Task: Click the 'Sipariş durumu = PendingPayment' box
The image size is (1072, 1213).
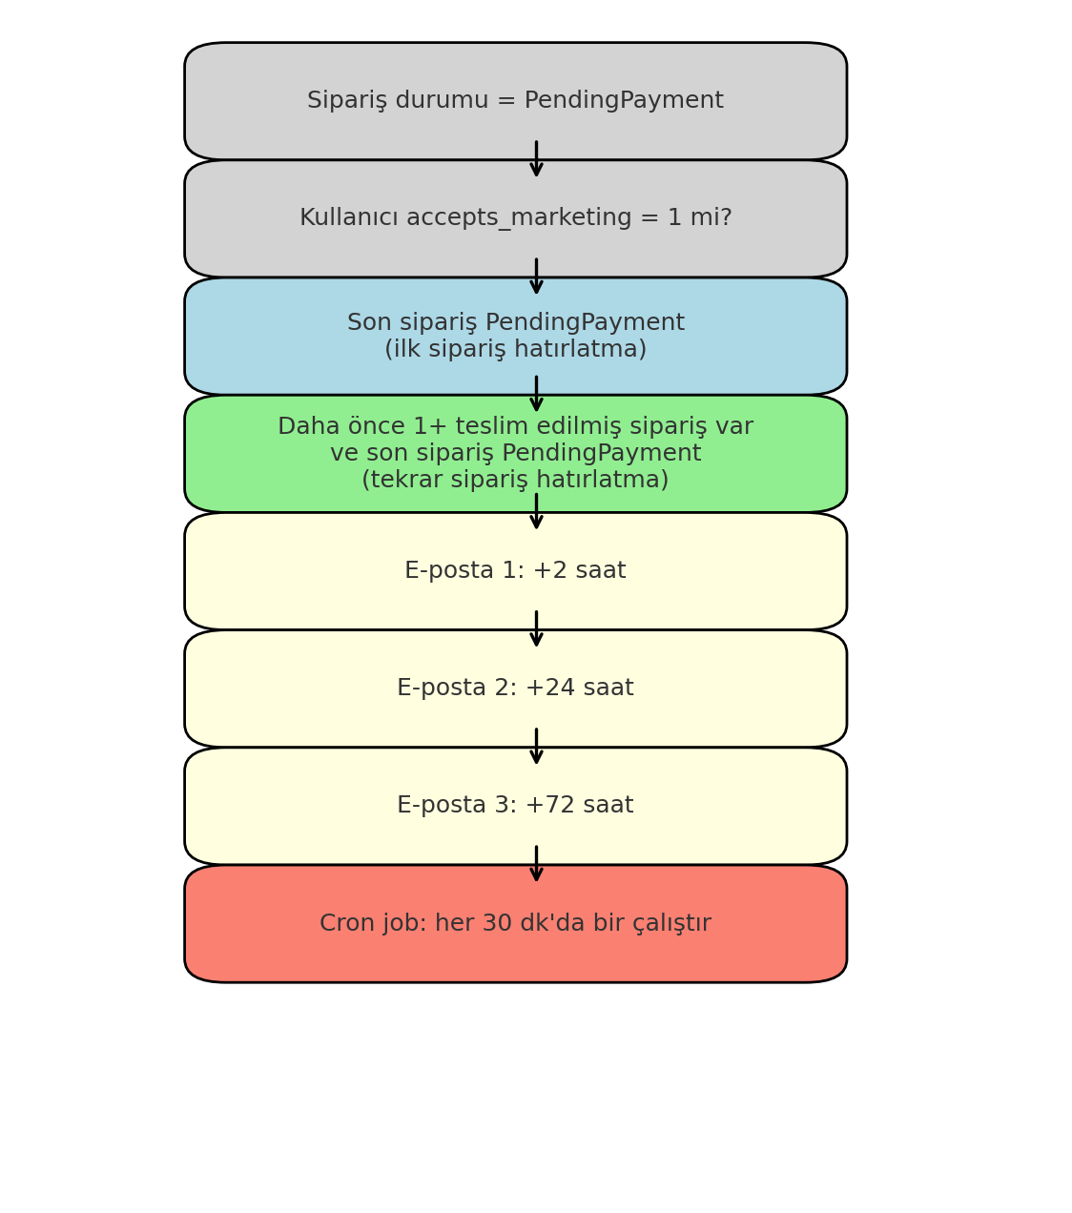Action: [x=515, y=101]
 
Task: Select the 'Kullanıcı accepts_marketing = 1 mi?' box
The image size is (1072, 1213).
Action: [x=515, y=218]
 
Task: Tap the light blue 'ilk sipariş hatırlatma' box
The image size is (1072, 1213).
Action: [x=515, y=337]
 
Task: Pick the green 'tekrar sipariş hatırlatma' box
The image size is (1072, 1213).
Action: [x=515, y=454]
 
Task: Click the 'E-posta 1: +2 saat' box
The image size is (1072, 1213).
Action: [x=515, y=571]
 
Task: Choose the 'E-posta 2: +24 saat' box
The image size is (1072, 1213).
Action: [x=515, y=689]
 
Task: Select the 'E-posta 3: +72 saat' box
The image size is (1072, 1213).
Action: [x=515, y=806]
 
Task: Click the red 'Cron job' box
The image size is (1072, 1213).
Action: [x=515, y=924]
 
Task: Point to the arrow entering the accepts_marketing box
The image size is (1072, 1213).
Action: [x=536, y=160]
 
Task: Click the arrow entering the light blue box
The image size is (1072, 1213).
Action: [x=536, y=278]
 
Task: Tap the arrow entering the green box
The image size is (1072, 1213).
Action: [x=536, y=395]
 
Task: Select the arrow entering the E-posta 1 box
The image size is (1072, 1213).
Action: [x=536, y=512]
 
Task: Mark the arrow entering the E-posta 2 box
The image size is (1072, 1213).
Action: [x=536, y=629]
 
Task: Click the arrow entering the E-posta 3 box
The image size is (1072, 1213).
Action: [x=536, y=747]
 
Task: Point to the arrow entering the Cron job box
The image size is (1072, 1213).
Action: [x=536, y=864]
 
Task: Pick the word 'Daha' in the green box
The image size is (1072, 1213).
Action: [x=302, y=427]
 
